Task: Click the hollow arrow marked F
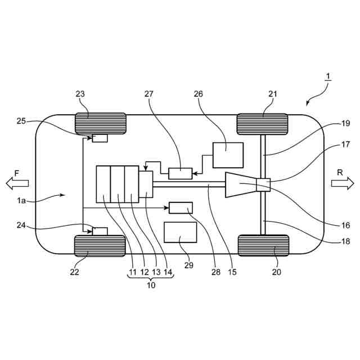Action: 17,183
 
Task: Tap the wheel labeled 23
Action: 101,124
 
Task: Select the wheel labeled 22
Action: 100,246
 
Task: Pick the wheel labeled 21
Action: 262,124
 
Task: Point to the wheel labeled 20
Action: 263,245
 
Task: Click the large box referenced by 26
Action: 228,155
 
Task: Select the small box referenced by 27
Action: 181,174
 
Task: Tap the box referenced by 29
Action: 181,232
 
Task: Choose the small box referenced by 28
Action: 181,208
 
